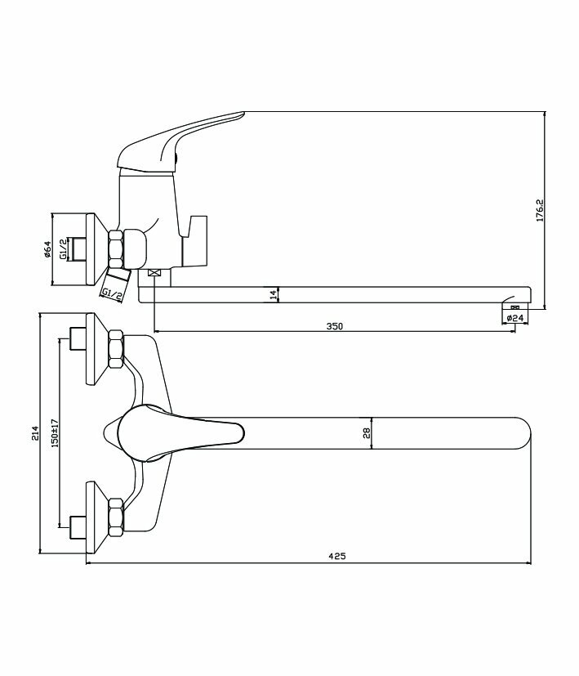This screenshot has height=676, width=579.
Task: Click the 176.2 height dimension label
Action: coord(540,210)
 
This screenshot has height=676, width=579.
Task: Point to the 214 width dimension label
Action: coord(33,433)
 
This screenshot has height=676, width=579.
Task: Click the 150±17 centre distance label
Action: coord(53,433)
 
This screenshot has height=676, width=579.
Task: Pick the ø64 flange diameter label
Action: coord(48,250)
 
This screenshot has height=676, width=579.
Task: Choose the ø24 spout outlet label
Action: coord(514,316)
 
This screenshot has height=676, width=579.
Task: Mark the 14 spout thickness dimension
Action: coord(273,294)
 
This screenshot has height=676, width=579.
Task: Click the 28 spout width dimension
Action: coord(367,432)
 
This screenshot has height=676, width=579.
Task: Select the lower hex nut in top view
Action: coord(115,517)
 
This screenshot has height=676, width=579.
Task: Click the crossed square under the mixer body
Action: coord(154,273)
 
